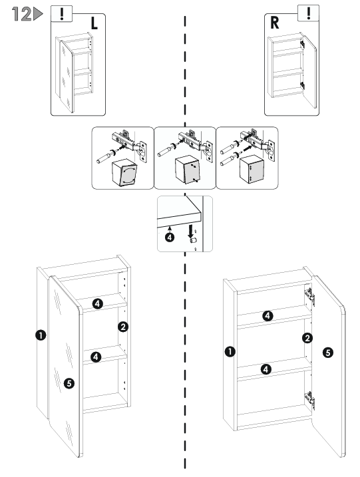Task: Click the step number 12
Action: (21, 14)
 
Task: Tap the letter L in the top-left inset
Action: (94, 23)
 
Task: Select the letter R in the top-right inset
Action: (274, 23)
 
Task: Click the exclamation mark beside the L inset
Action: (62, 13)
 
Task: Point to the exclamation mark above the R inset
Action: (309, 13)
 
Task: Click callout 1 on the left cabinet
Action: (41, 335)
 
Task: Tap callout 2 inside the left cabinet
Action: (123, 327)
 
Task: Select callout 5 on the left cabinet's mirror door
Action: (69, 383)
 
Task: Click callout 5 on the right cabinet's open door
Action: (328, 353)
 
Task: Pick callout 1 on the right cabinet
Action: (230, 352)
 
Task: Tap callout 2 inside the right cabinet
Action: (307, 338)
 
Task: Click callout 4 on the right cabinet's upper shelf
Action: (268, 316)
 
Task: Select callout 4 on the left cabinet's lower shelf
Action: (96, 357)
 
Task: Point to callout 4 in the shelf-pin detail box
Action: (170, 237)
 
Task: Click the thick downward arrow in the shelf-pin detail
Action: (190, 232)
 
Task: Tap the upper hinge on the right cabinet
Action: (310, 296)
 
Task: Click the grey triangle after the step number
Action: (38, 14)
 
